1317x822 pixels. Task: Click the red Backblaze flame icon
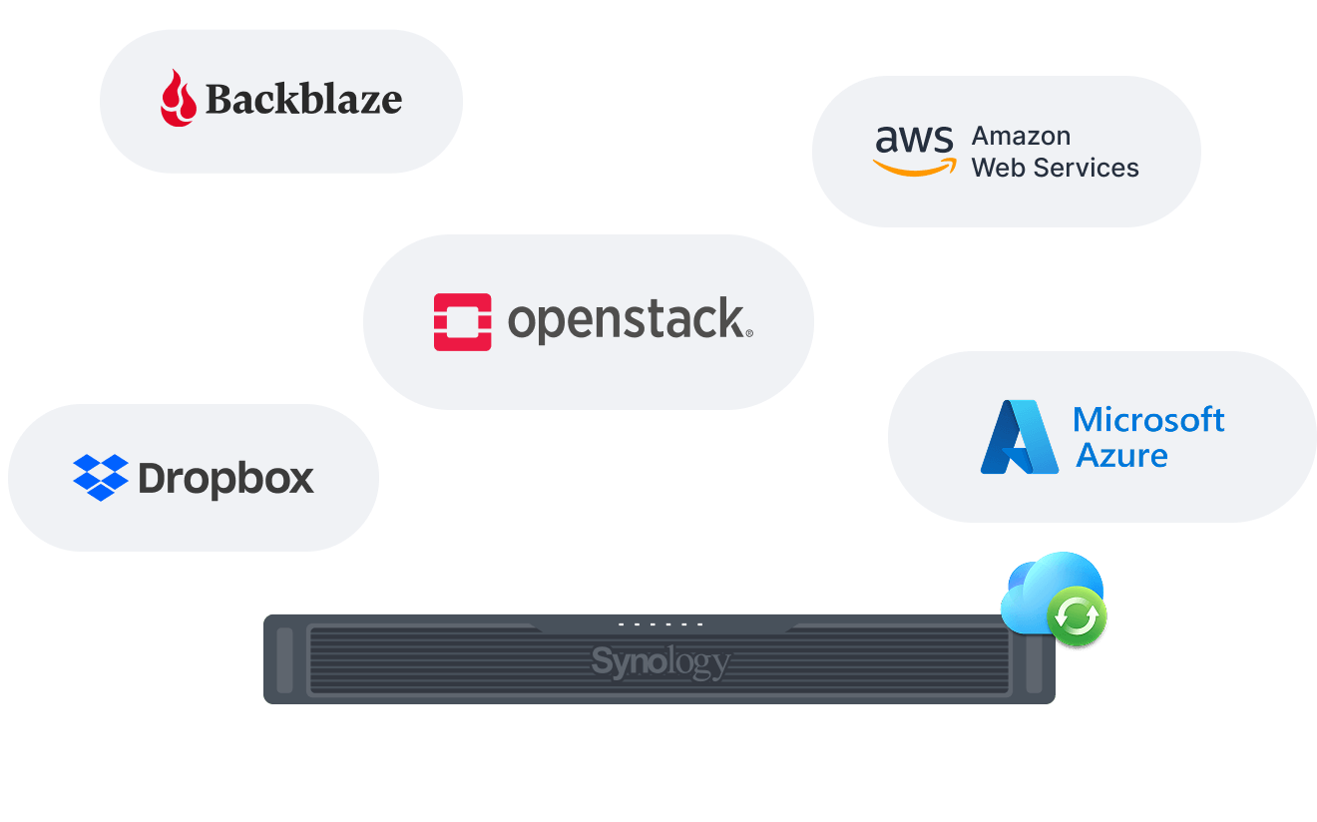pos(179,98)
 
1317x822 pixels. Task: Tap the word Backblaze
pos(304,99)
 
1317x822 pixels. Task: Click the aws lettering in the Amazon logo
pos(914,139)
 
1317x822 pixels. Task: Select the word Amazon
pos(1021,136)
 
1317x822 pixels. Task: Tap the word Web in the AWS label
pos(999,168)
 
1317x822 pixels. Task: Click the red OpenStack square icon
pos(462,321)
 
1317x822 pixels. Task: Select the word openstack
pos(627,320)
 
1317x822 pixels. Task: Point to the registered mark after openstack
pos(749,333)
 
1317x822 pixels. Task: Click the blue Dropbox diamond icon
pos(101,478)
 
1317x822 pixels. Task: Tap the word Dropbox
pos(225,479)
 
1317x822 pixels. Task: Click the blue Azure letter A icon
pos(1020,437)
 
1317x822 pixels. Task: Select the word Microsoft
pos(1148,420)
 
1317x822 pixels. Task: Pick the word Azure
pos(1121,456)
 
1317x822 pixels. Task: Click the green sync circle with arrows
pos(1077,616)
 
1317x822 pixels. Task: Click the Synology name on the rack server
pos(660,662)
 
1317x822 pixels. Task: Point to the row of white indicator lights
pos(660,623)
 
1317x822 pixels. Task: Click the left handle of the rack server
pos(284,659)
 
